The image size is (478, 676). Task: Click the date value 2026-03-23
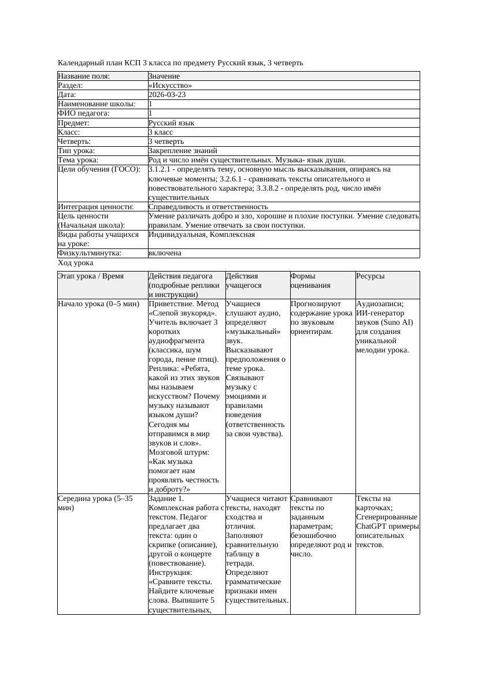pyautogui.click(x=167, y=95)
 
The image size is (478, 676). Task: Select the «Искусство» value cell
pyautogui.click(x=170, y=86)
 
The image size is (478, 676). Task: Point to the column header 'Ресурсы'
pyautogui.click(x=370, y=277)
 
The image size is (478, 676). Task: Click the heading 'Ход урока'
pyautogui.click(x=75, y=263)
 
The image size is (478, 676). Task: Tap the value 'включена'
pyautogui.click(x=165, y=253)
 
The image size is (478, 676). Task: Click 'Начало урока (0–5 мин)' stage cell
pyautogui.click(x=98, y=304)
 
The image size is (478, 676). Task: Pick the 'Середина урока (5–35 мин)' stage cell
pyautogui.click(x=95, y=503)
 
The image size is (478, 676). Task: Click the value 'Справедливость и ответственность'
pyautogui.click(x=208, y=206)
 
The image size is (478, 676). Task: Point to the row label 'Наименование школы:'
pyautogui.click(x=97, y=104)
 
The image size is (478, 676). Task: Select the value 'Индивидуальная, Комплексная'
pyautogui.click(x=202, y=235)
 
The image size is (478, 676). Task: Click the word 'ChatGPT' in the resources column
pyautogui.click(x=374, y=526)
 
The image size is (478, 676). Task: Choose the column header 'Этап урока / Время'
pyautogui.click(x=90, y=277)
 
